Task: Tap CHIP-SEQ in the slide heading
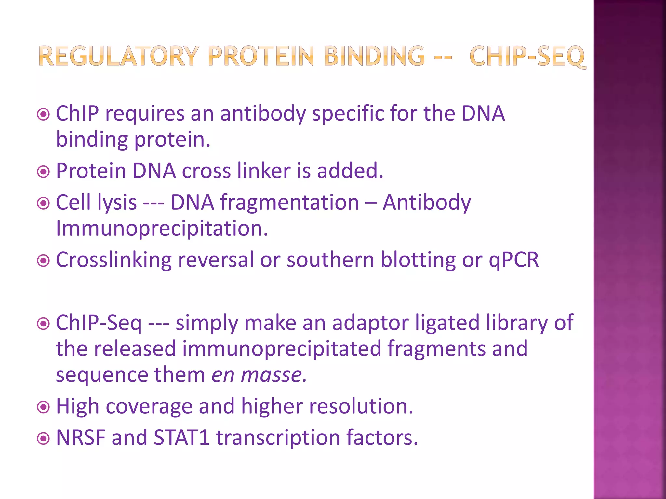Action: point(527,57)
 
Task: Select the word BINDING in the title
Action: point(374,56)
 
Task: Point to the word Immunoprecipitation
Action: point(162,228)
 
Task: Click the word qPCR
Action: point(514,260)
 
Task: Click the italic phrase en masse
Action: point(259,375)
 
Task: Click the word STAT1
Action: point(181,438)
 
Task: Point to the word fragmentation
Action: point(290,203)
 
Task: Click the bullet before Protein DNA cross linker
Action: point(43,172)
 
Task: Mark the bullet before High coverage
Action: point(43,407)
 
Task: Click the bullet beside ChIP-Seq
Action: point(43,324)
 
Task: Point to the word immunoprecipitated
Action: point(282,349)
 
